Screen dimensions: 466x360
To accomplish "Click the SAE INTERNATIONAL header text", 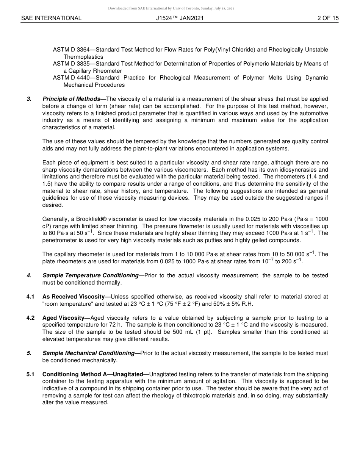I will pos(51,18).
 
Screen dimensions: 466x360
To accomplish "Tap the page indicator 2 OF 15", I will pos(328,18).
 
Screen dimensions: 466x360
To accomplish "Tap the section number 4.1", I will pos(31,297).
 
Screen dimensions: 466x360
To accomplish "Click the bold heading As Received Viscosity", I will pos(76,297).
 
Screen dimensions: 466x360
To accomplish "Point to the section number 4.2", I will pos(31,318).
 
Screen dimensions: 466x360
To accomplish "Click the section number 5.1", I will pos(31,374).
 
